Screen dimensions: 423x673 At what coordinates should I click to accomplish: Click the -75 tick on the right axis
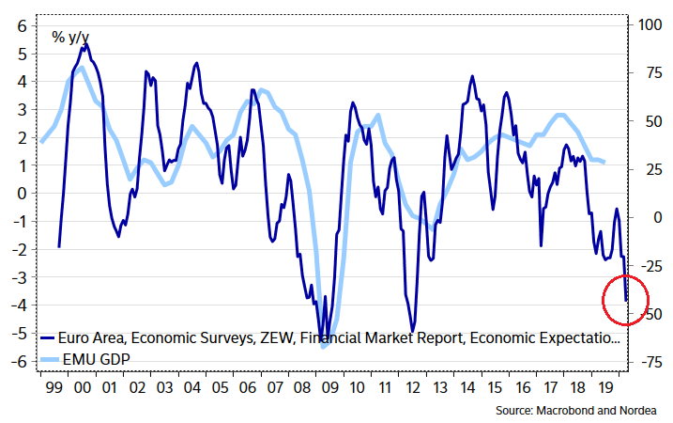point(647,362)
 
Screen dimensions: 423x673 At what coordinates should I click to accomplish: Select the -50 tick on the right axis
point(647,313)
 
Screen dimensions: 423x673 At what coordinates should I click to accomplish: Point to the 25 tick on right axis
point(647,169)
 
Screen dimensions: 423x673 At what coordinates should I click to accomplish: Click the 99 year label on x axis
point(53,385)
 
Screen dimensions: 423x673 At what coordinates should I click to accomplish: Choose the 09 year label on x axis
point(329,385)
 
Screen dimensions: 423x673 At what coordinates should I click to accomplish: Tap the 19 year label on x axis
point(603,385)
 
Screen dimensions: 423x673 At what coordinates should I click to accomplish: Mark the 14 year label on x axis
point(467,385)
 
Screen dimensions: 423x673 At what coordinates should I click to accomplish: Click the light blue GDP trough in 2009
point(324,348)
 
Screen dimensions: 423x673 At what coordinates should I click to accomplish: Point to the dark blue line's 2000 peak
point(85,43)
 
